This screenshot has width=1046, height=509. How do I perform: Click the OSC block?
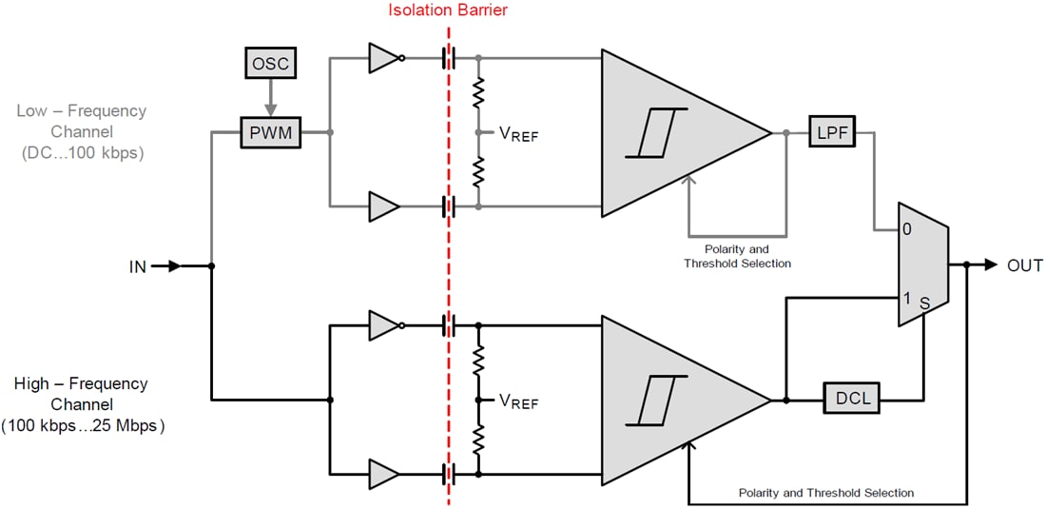coord(269,65)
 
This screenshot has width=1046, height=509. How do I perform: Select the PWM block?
coord(269,133)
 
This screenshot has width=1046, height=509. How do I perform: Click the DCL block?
coord(852,399)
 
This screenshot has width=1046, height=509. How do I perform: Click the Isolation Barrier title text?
coord(448,11)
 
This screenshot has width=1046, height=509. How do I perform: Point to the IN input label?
coord(138,266)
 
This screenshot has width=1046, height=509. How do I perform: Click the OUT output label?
coord(1024,265)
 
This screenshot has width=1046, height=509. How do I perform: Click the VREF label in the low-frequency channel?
coord(518,134)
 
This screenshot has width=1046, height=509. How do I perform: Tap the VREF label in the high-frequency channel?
coord(518,401)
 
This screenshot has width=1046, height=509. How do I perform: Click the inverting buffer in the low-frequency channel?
coord(385,59)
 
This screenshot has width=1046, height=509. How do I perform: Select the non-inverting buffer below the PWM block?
coord(384,205)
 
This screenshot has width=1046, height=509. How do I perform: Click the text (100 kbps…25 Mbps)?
coord(82,426)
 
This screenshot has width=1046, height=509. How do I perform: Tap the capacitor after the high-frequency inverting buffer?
coord(449,324)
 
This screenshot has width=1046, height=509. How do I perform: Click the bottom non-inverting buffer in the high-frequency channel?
coord(384,473)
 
